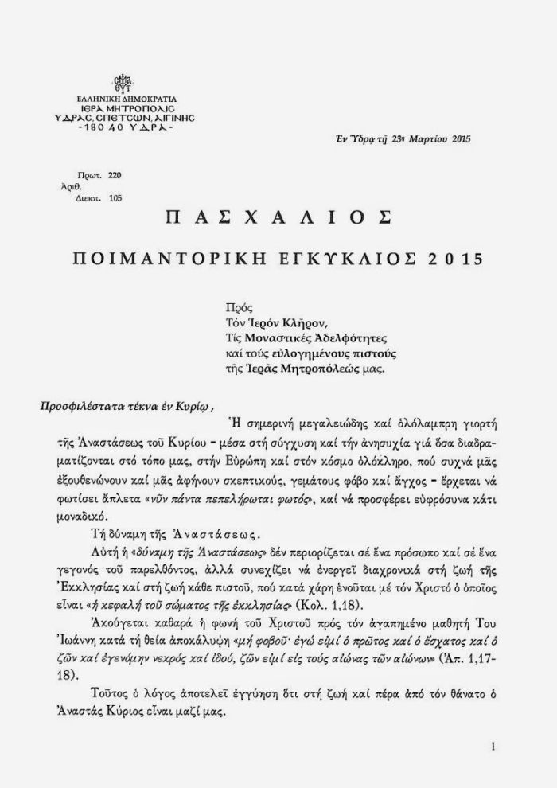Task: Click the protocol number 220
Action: (115, 174)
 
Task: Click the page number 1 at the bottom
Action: (494, 747)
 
